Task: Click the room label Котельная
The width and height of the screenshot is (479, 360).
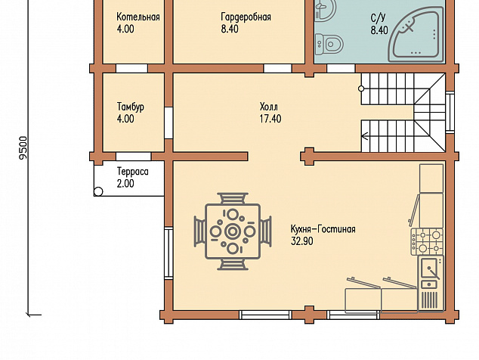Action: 138,17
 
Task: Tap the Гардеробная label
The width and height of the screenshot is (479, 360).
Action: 246,17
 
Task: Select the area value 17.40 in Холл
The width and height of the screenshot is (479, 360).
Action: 270,119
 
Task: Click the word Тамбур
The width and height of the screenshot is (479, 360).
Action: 131,107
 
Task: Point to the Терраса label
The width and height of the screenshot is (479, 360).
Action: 133,172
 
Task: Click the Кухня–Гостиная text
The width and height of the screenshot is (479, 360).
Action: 323,229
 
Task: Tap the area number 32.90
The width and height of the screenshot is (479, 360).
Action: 302,241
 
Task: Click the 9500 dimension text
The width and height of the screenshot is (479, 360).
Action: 23,147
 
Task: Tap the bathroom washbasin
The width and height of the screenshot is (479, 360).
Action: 325,9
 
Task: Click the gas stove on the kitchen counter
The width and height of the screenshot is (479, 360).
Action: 428,241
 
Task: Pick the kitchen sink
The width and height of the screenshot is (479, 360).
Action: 431,272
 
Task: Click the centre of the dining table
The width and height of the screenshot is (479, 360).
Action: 233,231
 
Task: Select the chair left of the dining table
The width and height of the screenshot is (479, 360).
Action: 199,231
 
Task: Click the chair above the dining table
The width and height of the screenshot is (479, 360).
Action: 233,198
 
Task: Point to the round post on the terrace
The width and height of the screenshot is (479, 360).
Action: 98,192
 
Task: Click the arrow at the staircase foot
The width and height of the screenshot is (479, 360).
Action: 365,135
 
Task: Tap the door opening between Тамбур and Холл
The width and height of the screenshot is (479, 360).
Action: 168,123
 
